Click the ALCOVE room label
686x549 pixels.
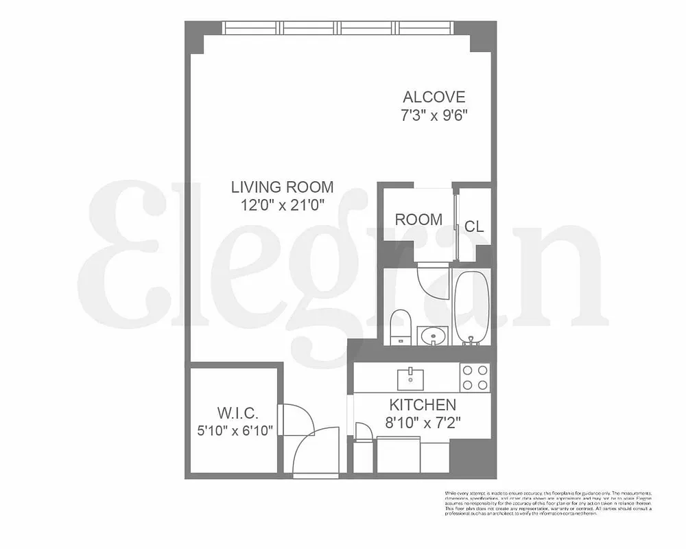point(434,97)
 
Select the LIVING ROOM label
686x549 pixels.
point(282,187)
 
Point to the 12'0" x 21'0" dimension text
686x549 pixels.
point(282,204)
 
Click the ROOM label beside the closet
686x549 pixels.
point(418,220)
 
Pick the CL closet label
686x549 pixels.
point(474,226)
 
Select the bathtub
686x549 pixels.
point(471,307)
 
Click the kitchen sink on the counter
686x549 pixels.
point(410,378)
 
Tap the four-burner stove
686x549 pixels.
point(475,377)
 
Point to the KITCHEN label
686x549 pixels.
point(423,405)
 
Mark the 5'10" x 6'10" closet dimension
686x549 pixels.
point(235,431)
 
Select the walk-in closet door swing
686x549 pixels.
point(297,417)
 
